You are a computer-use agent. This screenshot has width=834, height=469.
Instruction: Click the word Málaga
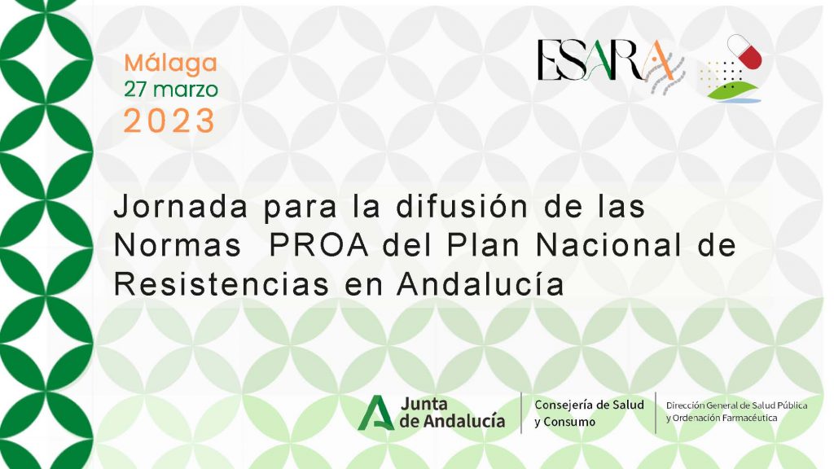click(171, 64)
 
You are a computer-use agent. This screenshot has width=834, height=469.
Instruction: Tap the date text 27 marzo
click(171, 90)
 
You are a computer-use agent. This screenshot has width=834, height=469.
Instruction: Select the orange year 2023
click(169, 121)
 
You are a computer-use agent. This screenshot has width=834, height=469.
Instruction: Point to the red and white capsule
click(744, 51)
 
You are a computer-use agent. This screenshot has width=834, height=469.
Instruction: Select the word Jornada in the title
click(181, 207)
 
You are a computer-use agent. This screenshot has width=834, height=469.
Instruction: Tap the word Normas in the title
click(177, 246)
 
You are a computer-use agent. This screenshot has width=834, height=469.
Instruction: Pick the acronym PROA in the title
click(319, 246)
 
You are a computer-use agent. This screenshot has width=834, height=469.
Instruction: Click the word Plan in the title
click(483, 246)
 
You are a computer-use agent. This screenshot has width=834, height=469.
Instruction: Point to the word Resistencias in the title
click(222, 283)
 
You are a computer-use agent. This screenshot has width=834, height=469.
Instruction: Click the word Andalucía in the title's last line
click(481, 283)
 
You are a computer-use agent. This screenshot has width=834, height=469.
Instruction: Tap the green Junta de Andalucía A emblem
click(375, 413)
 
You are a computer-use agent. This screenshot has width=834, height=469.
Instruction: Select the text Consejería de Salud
click(590, 405)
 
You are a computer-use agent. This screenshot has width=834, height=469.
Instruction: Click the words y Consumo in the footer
click(565, 423)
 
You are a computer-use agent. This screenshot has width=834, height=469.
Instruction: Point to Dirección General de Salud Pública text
click(736, 405)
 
